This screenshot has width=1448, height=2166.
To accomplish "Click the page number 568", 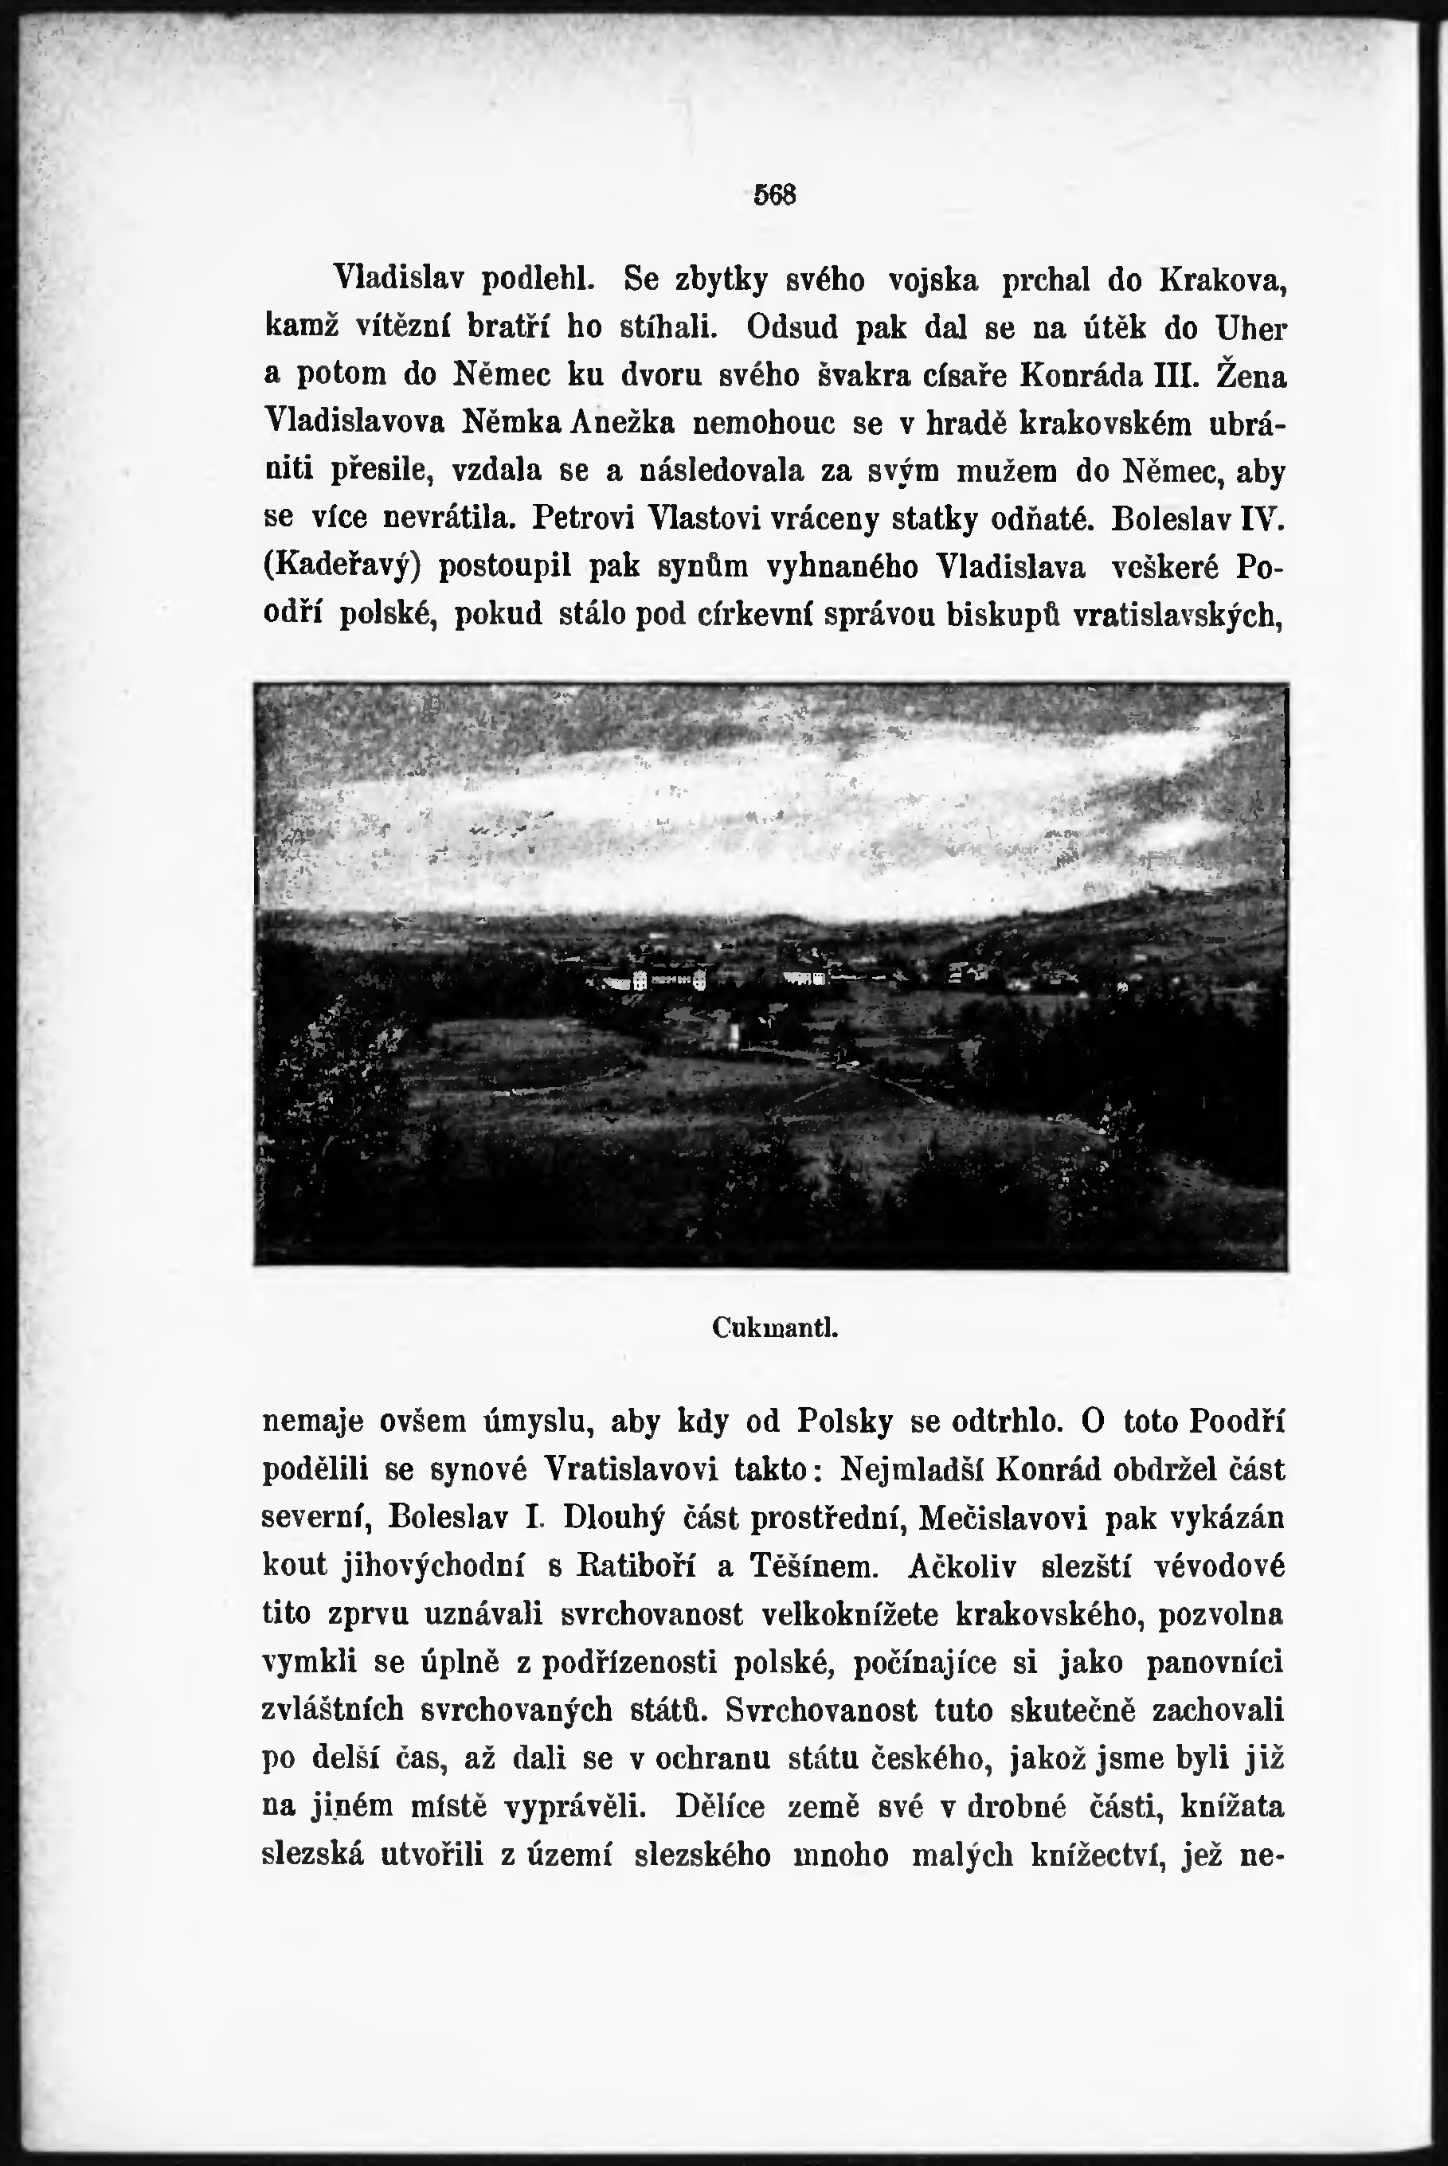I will tap(775, 195).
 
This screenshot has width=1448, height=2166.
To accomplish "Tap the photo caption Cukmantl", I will tap(775, 1327).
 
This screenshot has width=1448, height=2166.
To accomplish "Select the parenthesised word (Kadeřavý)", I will tap(342, 566).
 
